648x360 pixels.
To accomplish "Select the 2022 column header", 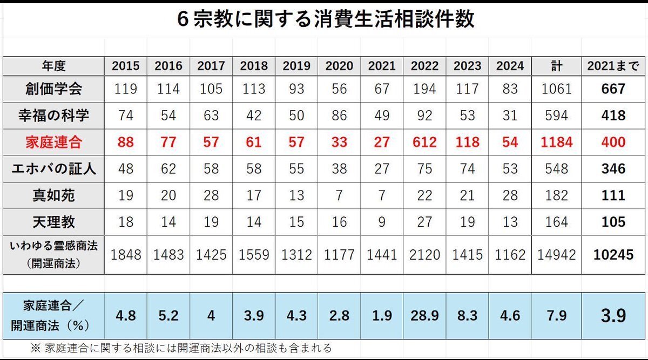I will (424, 66).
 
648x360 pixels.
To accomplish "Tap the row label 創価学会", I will (54, 89).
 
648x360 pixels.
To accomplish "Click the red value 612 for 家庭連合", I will (424, 142).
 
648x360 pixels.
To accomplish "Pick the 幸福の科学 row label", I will (54, 116).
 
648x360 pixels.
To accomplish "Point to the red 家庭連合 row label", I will (54, 142).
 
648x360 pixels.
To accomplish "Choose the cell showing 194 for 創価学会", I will (424, 89).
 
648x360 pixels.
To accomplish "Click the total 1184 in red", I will (557, 142).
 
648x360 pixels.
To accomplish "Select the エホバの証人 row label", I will (54, 169).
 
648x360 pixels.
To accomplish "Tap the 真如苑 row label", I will (54, 195).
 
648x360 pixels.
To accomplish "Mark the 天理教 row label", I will (54, 222).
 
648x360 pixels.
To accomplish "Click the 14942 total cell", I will (557, 255).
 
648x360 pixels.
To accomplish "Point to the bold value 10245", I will (613, 255).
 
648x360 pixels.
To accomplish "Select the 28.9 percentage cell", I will (424, 315).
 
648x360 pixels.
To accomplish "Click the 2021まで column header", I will (613, 66).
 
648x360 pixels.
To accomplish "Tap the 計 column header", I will (557, 66).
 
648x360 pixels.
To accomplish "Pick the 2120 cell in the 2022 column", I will (424, 255).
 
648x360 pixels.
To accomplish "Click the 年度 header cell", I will (54, 66).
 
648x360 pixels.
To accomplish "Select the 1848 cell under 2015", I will (126, 255).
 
